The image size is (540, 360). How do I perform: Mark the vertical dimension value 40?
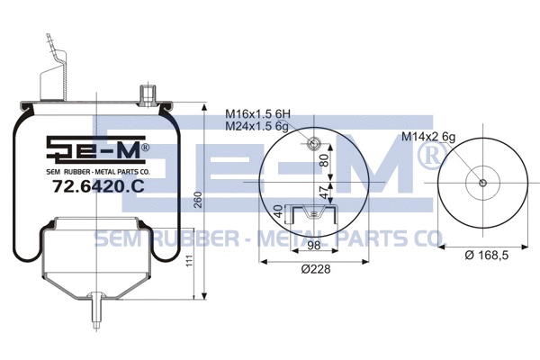(278, 212)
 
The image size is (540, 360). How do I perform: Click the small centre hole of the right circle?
(483, 184)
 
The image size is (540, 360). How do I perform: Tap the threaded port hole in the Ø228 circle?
(313, 145)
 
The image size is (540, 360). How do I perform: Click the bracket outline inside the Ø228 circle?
(313, 213)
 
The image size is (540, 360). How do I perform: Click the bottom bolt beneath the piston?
(101, 311)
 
